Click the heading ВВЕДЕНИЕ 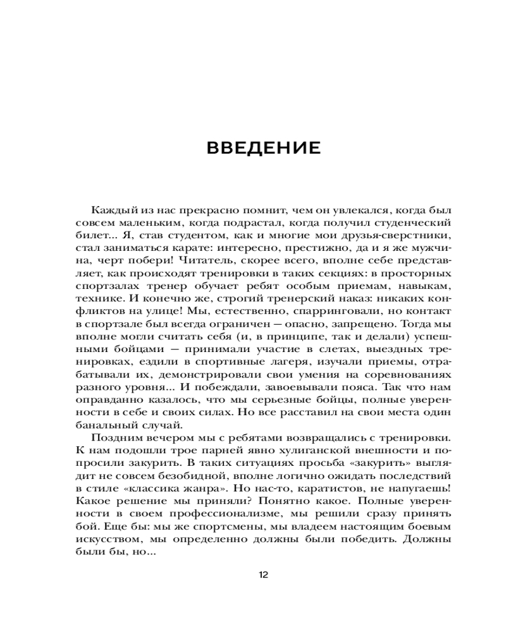pyautogui.click(x=264, y=149)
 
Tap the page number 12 pyautogui.click(x=264, y=574)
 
